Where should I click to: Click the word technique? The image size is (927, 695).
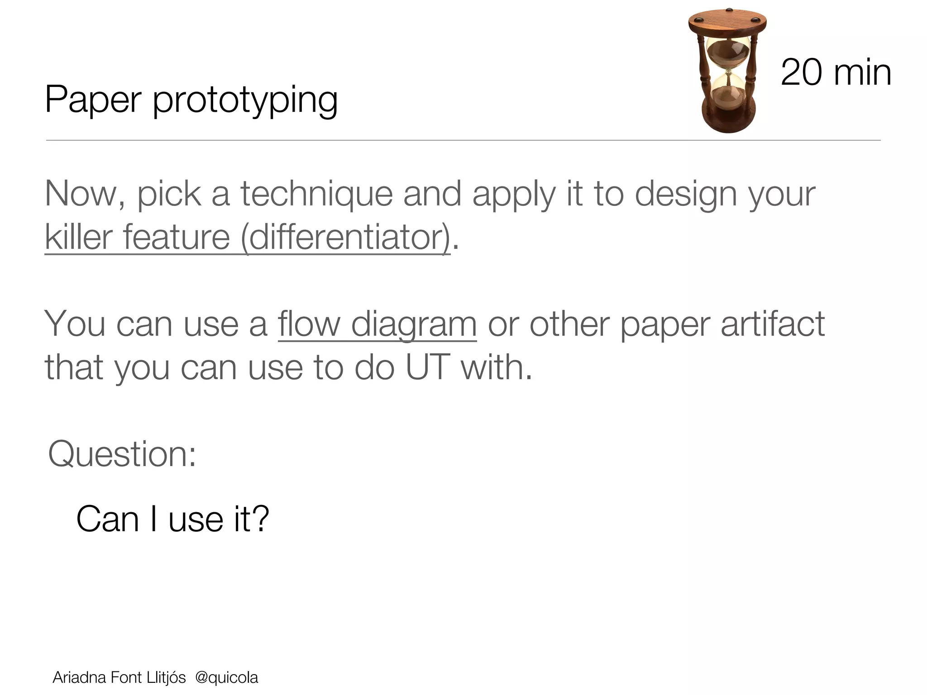pyautogui.click(x=316, y=195)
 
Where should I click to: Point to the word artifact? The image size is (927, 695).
pyautogui.click(x=773, y=324)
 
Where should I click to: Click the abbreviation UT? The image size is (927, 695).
pyautogui.click(x=428, y=367)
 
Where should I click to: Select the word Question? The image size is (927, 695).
pyautogui.click(x=122, y=454)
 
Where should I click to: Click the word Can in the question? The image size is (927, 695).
pyautogui.click(x=107, y=519)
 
